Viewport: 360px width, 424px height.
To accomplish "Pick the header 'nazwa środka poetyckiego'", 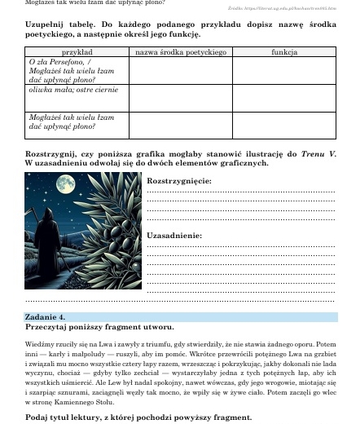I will (x=180, y=51).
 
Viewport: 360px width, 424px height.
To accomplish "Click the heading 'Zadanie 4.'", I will (x=46, y=316).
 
